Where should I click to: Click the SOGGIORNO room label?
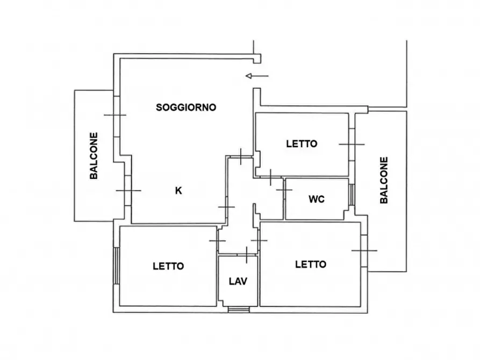tap(186, 107)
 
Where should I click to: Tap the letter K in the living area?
tap(178, 190)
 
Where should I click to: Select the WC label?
tap(317, 199)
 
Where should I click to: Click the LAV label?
tap(238, 280)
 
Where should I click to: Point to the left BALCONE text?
tap(94, 156)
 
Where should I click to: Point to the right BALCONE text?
tap(384, 180)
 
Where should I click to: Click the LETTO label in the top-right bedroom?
tap(302, 143)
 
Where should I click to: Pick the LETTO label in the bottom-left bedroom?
tap(168, 265)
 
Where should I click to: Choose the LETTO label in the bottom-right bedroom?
tap(311, 264)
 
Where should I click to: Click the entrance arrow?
tap(256, 76)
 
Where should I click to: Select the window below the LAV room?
tap(238, 309)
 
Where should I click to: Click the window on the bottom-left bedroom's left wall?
tap(116, 265)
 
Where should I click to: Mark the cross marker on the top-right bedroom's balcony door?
tap(352, 144)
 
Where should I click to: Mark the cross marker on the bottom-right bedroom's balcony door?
tap(364, 250)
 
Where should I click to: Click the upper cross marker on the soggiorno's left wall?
tap(115, 115)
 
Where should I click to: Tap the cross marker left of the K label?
tap(128, 191)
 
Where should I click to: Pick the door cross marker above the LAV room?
tap(246, 253)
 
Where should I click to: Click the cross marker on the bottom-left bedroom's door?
tap(217, 240)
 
